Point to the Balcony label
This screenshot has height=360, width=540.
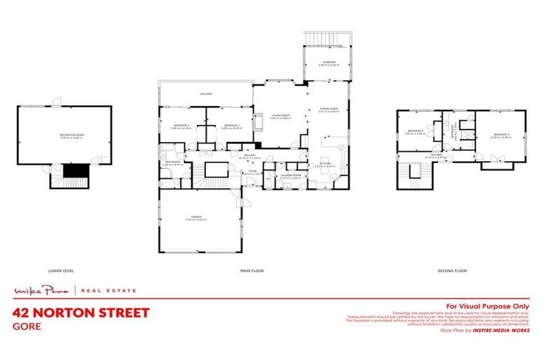coord(206,94)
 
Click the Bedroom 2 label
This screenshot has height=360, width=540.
coord(181,127)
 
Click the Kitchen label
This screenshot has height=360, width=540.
coord(325,163)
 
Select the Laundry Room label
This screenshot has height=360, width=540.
coord(290,176)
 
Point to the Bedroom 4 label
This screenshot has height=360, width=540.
coord(416,131)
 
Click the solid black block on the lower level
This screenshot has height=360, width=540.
coord(73,171)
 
